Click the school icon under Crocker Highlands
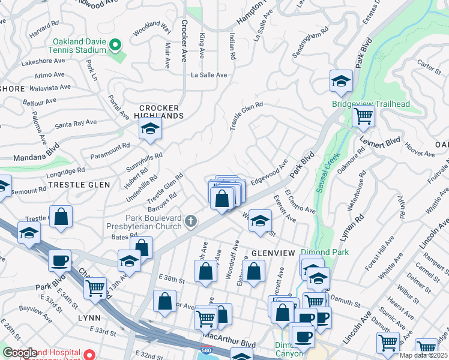coord(150,128)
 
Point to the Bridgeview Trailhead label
coord(371,104)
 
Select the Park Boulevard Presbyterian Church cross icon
coord(190,222)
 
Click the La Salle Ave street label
coord(209,75)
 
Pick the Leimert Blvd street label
coord(380,142)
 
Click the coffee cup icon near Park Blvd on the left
coord(59,261)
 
